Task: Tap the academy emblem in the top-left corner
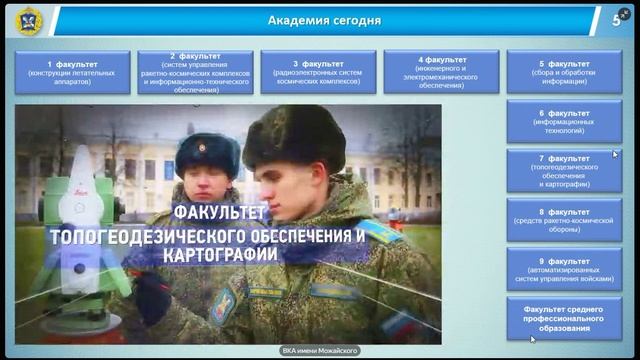(28, 20)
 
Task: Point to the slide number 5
(616, 20)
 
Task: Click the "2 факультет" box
(196, 72)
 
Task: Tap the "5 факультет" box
(563, 72)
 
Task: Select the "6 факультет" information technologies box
(563, 121)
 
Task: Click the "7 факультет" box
(563, 171)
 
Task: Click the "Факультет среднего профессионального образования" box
(563, 317)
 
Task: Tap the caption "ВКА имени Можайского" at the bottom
(319, 350)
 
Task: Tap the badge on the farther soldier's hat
(203, 147)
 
